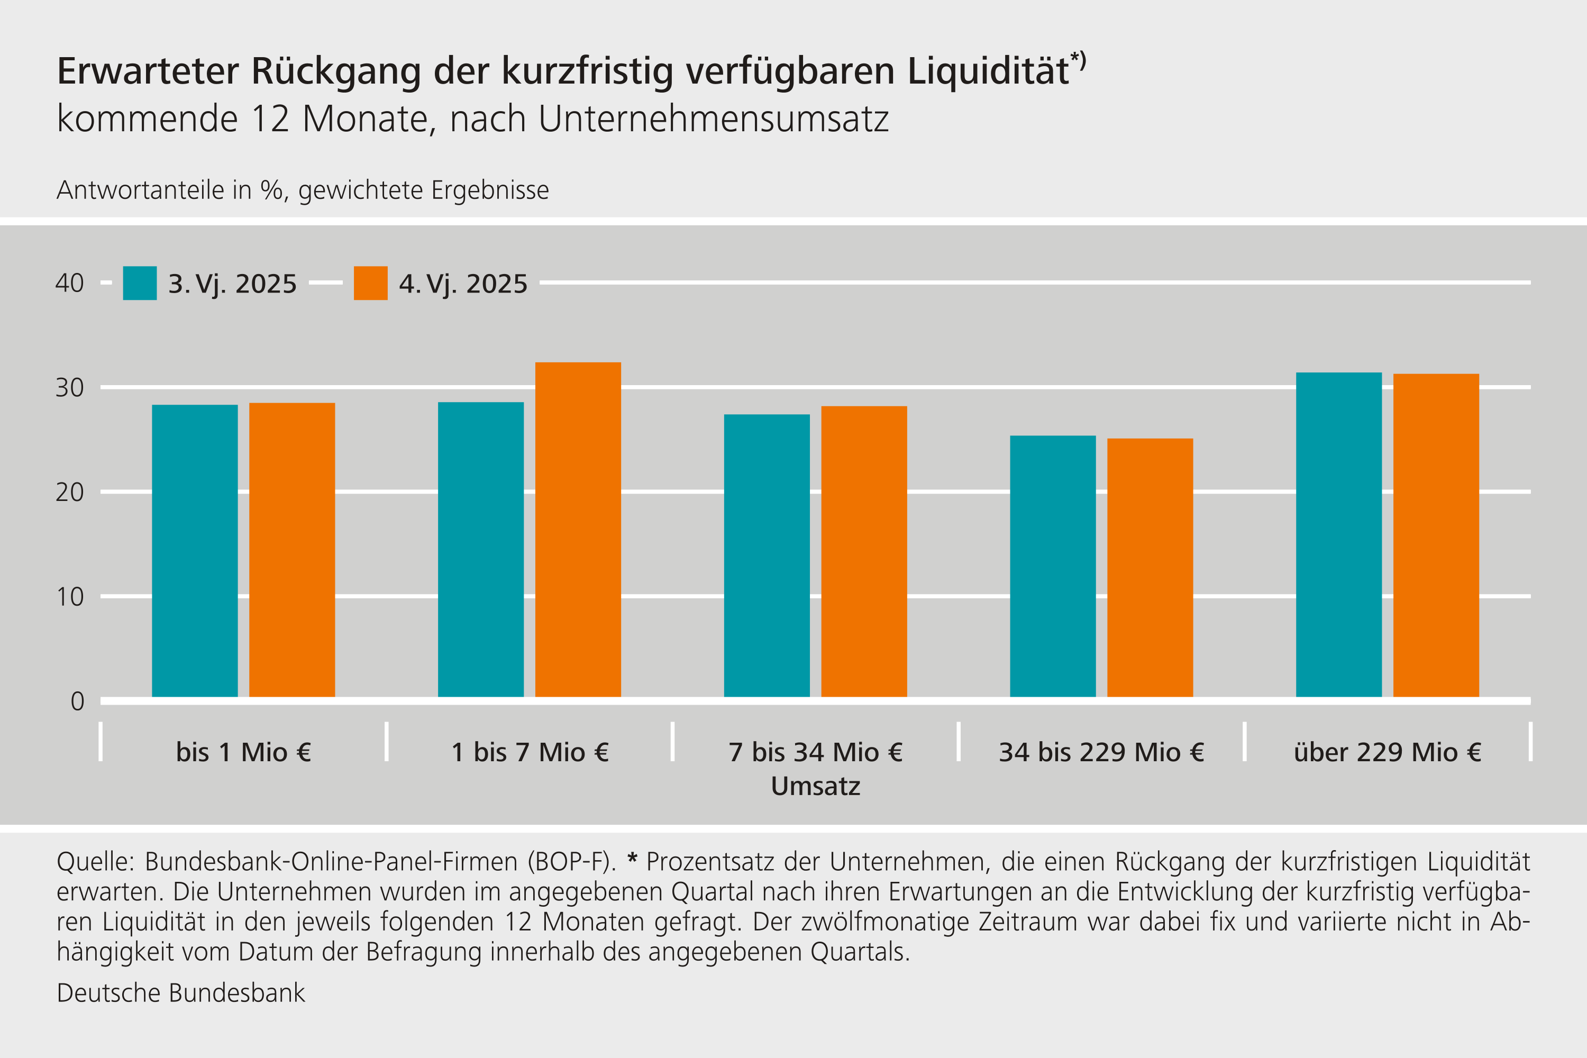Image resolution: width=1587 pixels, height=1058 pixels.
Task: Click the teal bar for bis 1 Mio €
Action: point(195,551)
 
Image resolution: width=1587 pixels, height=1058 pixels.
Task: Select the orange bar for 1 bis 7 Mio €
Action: point(578,530)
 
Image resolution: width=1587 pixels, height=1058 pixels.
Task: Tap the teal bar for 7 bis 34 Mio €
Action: point(767,555)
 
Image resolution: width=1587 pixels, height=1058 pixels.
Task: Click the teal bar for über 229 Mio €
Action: point(1339,534)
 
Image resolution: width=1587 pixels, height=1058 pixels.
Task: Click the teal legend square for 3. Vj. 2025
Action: point(140,284)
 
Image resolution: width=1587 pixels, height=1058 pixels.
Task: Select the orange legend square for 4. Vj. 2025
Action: point(370,284)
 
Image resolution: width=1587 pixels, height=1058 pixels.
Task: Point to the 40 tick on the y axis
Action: point(69,284)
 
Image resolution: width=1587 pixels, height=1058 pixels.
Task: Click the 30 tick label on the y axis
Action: point(69,388)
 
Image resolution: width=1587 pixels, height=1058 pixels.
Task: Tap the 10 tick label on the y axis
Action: point(69,597)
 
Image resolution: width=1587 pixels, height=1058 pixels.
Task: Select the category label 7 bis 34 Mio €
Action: point(815,752)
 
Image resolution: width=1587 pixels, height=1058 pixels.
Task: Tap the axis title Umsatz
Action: point(815,787)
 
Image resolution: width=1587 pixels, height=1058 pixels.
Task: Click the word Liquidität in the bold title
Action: point(989,71)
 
